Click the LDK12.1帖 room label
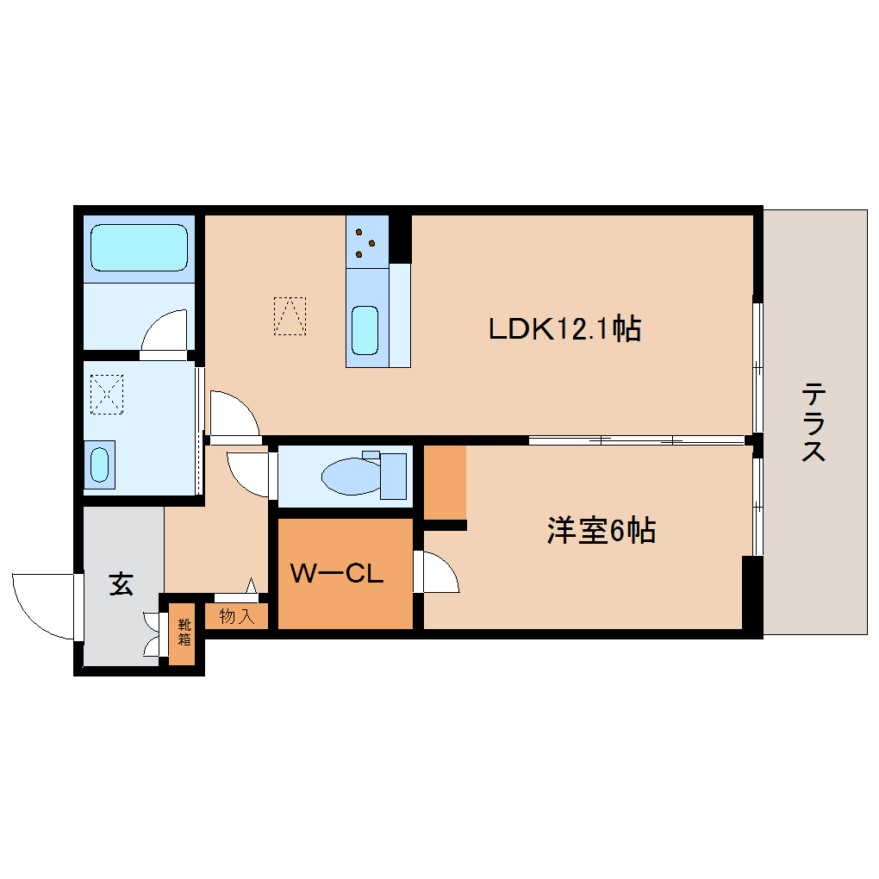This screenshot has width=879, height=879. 564,328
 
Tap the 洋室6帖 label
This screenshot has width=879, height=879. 601,531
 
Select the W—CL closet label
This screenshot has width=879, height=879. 336,574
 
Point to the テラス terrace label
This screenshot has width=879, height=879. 814,422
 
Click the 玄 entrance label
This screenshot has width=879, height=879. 121,585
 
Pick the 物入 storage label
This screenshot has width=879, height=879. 236,617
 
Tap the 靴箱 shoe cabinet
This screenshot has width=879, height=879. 183,632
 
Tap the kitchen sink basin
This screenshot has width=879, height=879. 365,330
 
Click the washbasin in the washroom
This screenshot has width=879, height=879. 100,464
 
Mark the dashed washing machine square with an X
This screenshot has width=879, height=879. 107,394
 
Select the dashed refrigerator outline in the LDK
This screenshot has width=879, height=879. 290,315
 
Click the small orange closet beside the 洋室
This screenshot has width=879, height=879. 445,482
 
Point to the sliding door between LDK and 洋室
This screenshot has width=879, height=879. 636,440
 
